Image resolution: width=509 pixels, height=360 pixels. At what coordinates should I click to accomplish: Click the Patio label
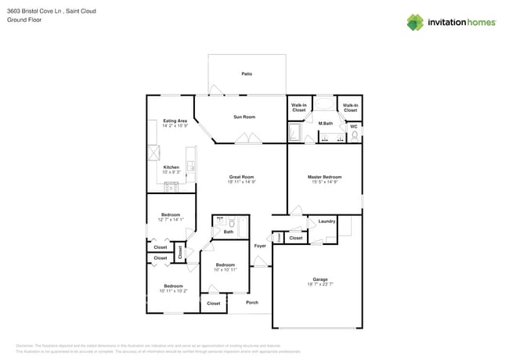coord(247,74)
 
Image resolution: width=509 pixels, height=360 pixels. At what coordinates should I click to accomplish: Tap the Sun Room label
coord(244,117)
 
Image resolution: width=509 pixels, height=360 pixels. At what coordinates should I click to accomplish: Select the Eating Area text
coord(175,121)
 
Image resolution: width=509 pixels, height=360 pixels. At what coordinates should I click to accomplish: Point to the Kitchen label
coord(171,167)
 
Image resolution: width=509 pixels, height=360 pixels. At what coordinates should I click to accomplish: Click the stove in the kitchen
coord(171,187)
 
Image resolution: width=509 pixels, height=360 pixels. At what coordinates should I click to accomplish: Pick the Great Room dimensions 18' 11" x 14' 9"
coord(241,182)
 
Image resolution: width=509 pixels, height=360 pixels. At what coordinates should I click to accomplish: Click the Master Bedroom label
coord(324,177)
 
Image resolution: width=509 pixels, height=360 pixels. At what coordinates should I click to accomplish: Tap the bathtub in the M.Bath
coord(324,105)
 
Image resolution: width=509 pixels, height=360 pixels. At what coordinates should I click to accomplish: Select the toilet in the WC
coord(355,136)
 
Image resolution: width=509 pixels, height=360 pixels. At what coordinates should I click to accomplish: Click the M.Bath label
coord(326,124)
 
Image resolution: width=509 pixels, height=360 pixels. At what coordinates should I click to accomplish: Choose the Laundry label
coord(327,221)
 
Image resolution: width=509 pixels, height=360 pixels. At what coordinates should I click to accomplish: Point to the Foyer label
coord(260,246)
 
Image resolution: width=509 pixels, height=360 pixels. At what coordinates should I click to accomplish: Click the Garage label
coord(320,279)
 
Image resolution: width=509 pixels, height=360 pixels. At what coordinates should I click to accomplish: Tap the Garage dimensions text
coord(320,285)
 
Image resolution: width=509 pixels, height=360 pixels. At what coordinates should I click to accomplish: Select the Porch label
coord(252,302)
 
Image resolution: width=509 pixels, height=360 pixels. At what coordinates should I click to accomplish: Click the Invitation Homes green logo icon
coord(415,22)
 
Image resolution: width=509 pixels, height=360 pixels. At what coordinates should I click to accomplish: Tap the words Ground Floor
coord(23,20)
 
